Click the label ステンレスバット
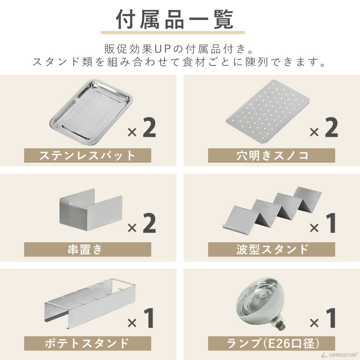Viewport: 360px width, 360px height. coord(87,156)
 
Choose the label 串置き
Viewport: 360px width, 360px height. coord(87,249)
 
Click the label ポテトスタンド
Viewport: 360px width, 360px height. coord(87,343)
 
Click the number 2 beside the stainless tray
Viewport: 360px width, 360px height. coord(149,128)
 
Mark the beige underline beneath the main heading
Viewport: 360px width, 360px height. coord(172,33)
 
